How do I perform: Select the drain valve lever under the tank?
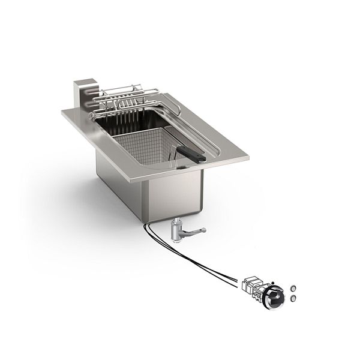pos(194,230)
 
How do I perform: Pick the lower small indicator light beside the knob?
pos(293,298)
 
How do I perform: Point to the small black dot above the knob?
pos(273,282)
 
